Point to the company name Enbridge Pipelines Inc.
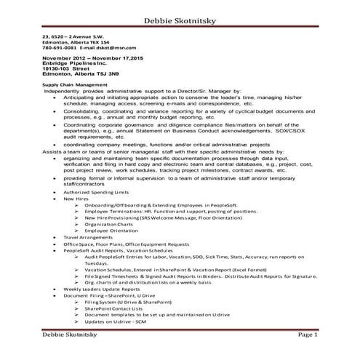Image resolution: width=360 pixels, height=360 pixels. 73,63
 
